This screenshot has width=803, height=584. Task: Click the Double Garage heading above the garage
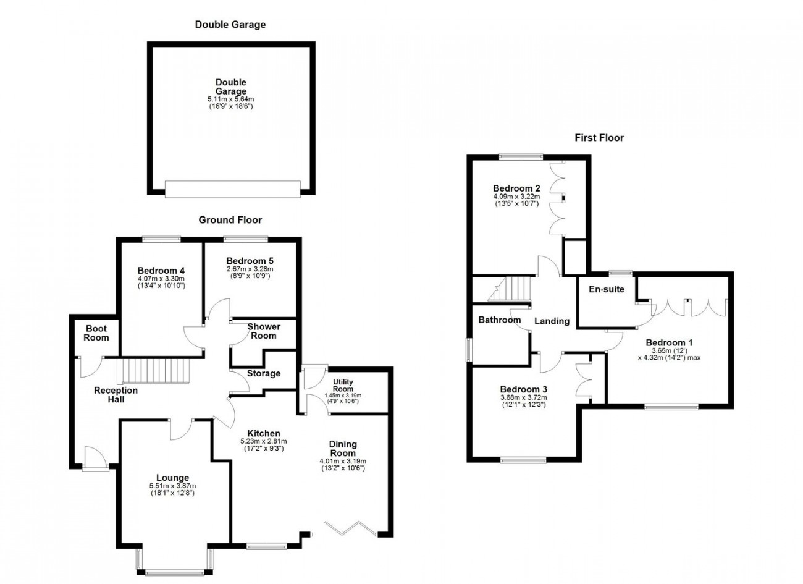(230, 25)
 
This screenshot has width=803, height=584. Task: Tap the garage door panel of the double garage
(233, 189)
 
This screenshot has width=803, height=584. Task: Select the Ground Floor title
(230, 220)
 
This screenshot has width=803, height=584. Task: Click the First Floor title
(599, 138)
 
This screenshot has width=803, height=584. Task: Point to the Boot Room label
(96, 333)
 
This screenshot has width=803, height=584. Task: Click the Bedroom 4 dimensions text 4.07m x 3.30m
(161, 278)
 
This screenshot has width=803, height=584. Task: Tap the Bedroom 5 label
(250, 260)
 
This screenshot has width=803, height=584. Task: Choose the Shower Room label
(264, 331)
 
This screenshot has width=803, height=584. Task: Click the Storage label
(264, 373)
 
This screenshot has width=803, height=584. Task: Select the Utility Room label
(343, 385)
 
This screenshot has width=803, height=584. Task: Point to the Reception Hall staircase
(153, 371)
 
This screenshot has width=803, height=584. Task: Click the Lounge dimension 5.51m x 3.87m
(173, 486)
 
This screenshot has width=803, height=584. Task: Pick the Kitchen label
(264, 433)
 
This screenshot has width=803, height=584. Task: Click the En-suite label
(607, 289)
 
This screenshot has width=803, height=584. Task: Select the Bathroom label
(499, 320)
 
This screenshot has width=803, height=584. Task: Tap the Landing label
(552, 321)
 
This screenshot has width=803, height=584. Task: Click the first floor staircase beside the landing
(509, 289)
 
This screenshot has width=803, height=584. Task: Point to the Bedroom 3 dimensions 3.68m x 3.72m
(523, 397)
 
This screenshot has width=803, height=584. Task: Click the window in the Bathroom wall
(469, 350)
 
